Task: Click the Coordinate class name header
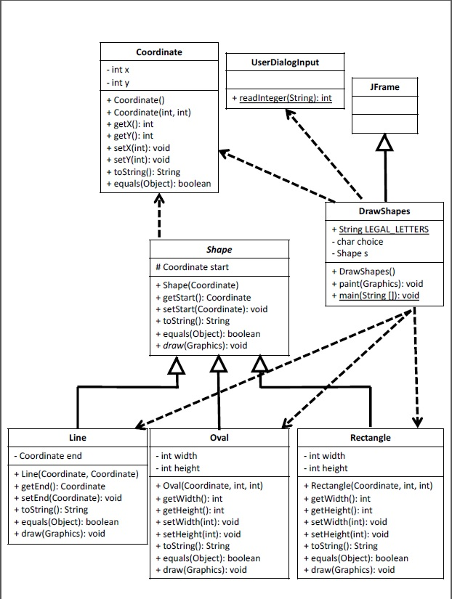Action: coord(159,52)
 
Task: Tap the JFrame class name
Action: coord(385,87)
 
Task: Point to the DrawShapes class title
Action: coord(384,212)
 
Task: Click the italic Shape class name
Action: coord(219,250)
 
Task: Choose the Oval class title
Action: coord(219,438)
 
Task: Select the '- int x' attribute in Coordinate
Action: coord(118,70)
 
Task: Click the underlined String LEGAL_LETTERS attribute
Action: coord(379,229)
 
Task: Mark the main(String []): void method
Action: coord(374,296)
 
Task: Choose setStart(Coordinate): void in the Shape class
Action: coord(211,309)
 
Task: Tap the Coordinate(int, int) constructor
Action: coord(148,113)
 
